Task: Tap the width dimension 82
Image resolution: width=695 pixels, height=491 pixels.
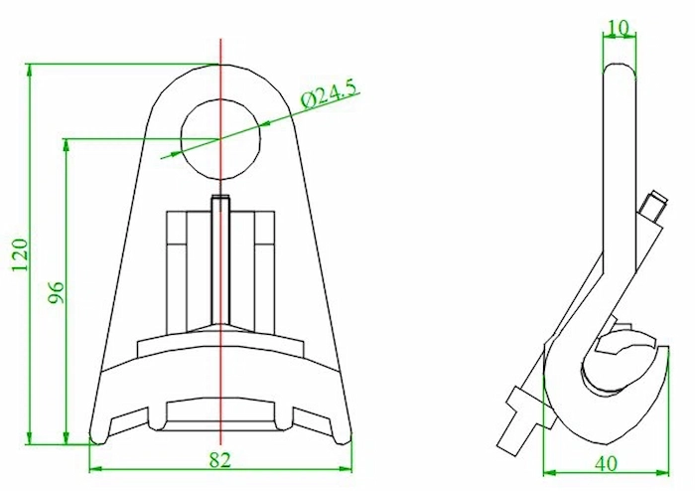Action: (220, 458)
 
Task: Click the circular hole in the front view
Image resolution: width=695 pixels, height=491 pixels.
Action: (221, 136)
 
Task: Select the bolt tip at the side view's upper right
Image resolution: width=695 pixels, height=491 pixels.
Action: (653, 205)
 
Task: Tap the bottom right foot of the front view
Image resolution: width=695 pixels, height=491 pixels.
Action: (345, 433)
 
